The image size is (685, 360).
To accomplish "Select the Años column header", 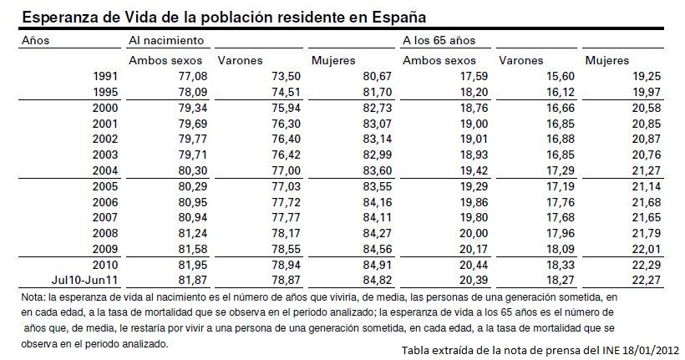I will (36, 39).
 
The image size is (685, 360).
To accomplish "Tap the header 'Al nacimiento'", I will (166, 39).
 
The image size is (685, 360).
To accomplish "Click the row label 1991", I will (105, 77).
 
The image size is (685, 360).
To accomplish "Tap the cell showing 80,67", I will (362, 77).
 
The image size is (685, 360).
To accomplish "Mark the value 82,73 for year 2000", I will (362, 108).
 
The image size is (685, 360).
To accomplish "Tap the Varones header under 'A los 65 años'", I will (520, 61).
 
